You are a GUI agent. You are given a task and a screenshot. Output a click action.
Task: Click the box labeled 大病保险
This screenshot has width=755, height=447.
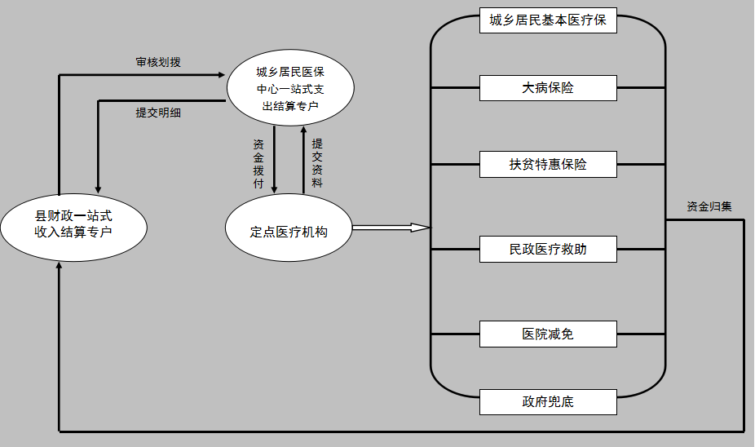[x=548, y=87]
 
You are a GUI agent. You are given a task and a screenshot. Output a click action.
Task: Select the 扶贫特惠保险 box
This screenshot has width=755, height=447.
[x=548, y=164]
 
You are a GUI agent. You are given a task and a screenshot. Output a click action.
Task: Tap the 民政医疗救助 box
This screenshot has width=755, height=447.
[x=548, y=249]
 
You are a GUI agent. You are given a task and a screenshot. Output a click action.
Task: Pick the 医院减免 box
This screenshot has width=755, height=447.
[x=548, y=334]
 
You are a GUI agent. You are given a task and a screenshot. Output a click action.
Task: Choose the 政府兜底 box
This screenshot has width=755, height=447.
[x=548, y=402]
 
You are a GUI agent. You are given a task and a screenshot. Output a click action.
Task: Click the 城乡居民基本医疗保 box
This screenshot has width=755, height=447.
[x=548, y=20]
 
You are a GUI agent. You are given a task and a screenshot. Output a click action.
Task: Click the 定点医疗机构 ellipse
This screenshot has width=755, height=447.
[x=289, y=232]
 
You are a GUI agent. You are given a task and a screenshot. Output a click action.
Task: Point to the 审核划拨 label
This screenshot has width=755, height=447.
[x=158, y=63]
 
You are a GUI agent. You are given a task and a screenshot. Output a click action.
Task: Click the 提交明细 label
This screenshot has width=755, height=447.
[x=158, y=113]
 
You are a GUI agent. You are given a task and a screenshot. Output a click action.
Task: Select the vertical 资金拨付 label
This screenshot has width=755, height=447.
[x=258, y=163]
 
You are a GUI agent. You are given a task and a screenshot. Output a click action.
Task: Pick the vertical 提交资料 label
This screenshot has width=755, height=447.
[x=317, y=163]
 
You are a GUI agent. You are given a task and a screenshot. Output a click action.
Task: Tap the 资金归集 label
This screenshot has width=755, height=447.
[x=709, y=206]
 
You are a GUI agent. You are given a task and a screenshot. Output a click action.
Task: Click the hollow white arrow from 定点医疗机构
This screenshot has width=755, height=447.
[x=391, y=227]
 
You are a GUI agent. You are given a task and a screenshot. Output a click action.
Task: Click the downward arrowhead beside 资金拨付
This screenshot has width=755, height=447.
[x=274, y=188]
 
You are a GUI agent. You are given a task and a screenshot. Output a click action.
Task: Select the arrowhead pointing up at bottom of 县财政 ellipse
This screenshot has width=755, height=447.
[x=60, y=268]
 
